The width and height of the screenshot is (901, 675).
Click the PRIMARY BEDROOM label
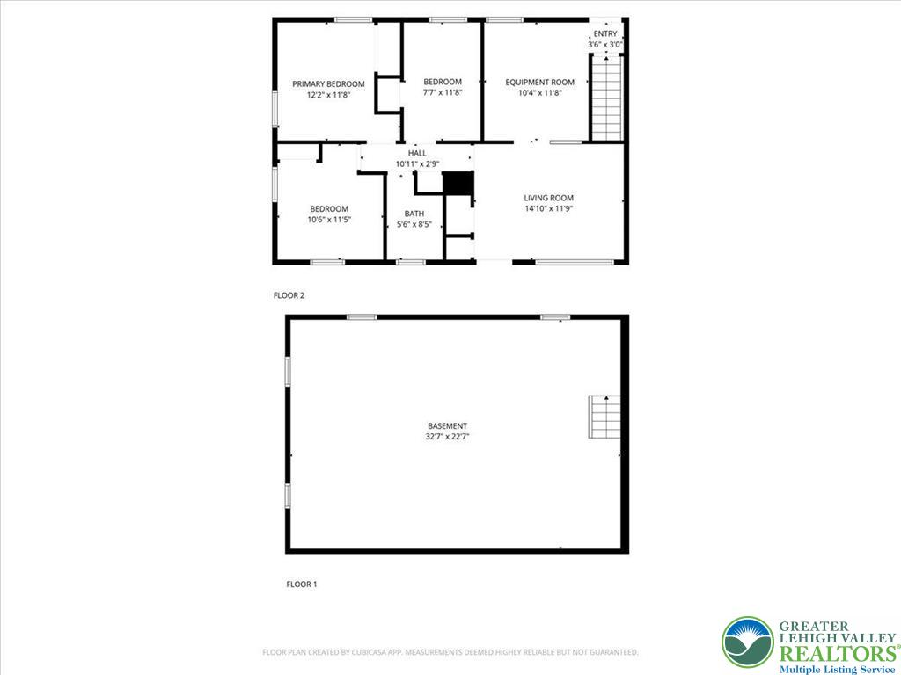328,83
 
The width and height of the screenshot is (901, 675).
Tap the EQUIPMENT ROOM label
539,83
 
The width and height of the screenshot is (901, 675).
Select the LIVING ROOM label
549,198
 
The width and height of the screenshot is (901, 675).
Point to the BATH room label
414,214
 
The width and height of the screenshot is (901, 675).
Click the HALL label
416,153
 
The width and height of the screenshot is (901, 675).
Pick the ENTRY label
605,33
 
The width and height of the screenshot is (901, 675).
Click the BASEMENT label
448,426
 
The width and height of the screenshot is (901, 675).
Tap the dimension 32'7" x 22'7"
448,436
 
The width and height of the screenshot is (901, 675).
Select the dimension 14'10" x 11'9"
549,209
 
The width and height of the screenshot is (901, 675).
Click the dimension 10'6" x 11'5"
329,220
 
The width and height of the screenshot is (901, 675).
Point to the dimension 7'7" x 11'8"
443,92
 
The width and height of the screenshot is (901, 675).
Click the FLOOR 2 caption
289,295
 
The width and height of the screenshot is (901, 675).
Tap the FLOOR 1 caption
301,584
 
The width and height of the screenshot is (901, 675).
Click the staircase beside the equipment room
605,98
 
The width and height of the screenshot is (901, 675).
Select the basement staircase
604,417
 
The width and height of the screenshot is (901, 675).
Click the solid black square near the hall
458,184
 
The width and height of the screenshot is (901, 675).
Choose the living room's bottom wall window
575,261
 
